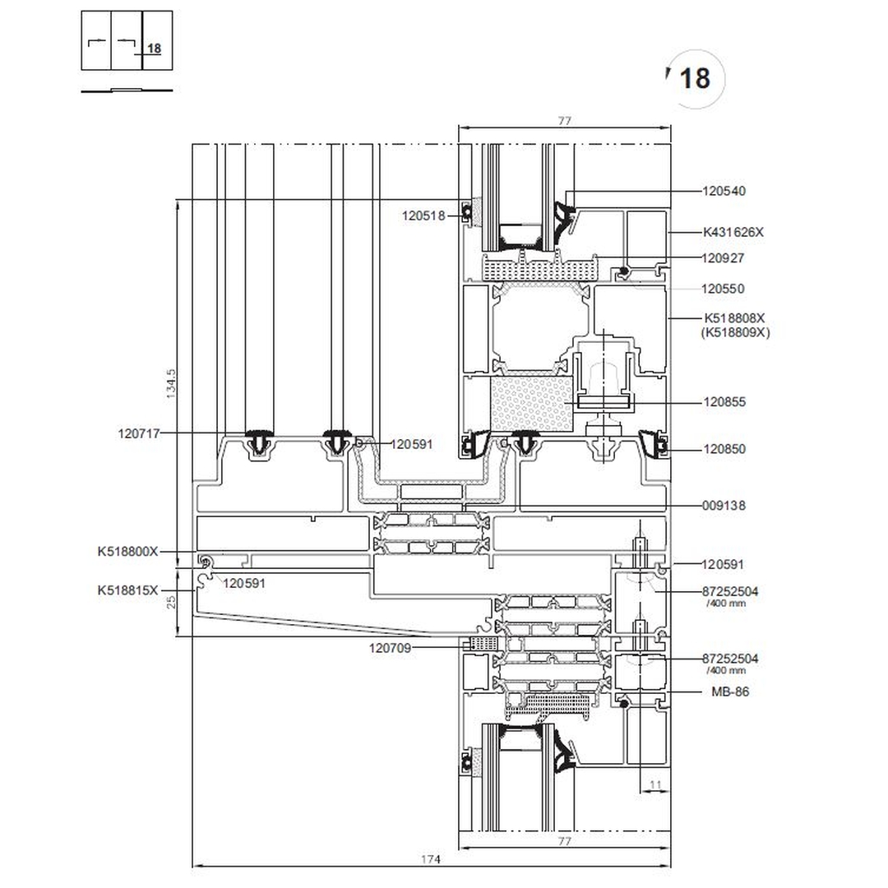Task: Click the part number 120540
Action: (724, 192)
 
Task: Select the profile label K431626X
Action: (733, 233)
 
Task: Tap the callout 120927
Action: (723, 258)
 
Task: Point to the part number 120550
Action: (723, 289)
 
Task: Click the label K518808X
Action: (734, 318)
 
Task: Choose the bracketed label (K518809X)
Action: (735, 333)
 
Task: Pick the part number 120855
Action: (724, 403)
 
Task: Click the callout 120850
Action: (724, 450)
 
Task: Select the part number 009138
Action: (724, 506)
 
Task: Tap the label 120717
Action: (139, 433)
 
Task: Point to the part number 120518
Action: (423, 216)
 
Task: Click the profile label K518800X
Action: (127, 553)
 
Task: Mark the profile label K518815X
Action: (127, 590)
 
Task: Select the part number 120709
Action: (390, 649)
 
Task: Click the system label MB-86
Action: (730, 692)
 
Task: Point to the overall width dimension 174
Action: (431, 859)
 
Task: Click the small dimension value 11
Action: (655, 786)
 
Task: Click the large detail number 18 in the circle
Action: (695, 79)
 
